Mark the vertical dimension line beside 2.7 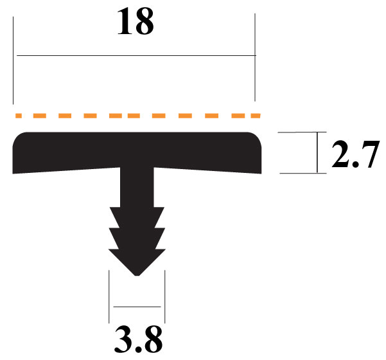coord(317,153)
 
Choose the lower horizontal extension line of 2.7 coord(299,173)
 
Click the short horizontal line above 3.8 coord(136,307)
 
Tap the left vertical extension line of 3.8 coord(109,296)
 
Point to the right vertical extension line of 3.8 coord(164,296)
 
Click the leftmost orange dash coord(20,116)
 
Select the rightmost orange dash coord(254,116)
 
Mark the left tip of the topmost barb coord(110,208)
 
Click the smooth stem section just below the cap coord(137,186)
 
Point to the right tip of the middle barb coord(164,228)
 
